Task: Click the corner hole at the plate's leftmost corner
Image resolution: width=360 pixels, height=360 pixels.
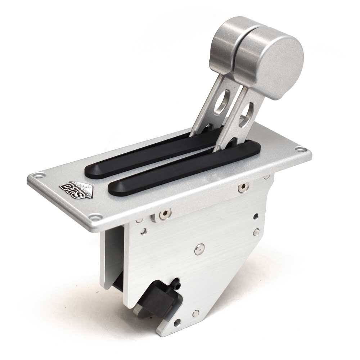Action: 35,177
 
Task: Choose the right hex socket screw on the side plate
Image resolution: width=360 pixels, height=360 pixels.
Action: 244,186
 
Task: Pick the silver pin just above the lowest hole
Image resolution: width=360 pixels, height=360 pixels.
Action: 195,312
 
